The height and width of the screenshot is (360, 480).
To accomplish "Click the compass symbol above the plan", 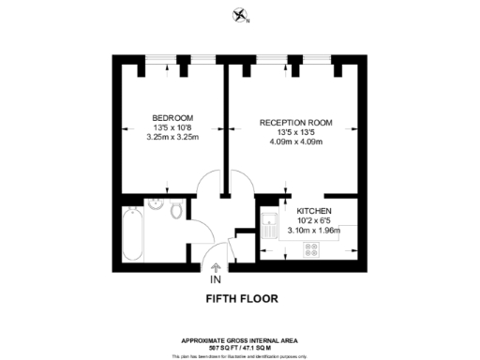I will (x=239, y=14).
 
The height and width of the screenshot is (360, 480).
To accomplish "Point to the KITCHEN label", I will (x=312, y=211).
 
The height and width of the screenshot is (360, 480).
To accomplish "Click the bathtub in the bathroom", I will (x=131, y=235).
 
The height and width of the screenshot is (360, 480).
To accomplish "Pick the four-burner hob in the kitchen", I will (x=310, y=248).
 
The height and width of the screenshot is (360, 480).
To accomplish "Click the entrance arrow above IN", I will (x=217, y=266).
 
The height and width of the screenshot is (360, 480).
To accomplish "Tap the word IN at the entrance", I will (x=216, y=279).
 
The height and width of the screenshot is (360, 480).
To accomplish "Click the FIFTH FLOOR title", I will (x=240, y=300).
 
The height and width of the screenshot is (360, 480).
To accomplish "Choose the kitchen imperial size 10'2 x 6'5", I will (x=312, y=221).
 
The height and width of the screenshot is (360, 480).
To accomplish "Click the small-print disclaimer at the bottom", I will (x=240, y=354).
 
